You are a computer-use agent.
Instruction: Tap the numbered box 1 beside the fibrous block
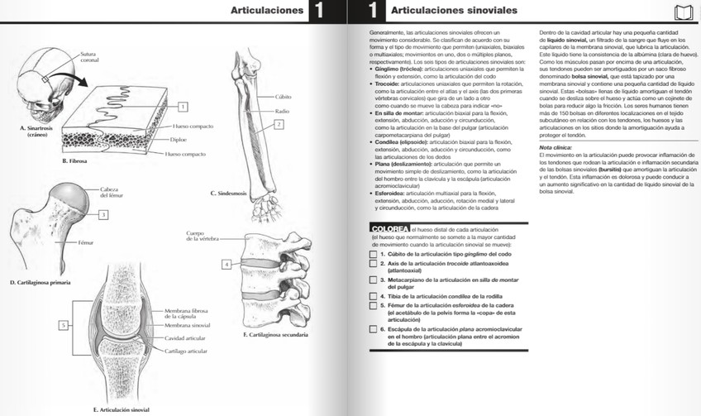point(183,107)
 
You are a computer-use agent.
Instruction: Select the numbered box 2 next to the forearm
point(279,124)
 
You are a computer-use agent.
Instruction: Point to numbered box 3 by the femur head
point(103,215)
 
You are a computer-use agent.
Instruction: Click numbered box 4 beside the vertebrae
point(227,264)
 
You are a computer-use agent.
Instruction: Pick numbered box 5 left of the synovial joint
point(63,326)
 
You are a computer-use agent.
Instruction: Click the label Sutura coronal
point(88,58)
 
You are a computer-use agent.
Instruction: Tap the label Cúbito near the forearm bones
point(284,97)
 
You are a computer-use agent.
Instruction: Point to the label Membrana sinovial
point(187,326)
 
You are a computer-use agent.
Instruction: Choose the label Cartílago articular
point(186,351)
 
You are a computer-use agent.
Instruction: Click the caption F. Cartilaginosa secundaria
point(276,335)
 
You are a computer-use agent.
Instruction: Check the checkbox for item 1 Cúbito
point(374,254)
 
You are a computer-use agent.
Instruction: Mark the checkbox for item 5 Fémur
point(374,306)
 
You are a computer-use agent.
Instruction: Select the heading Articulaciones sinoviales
point(454,11)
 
